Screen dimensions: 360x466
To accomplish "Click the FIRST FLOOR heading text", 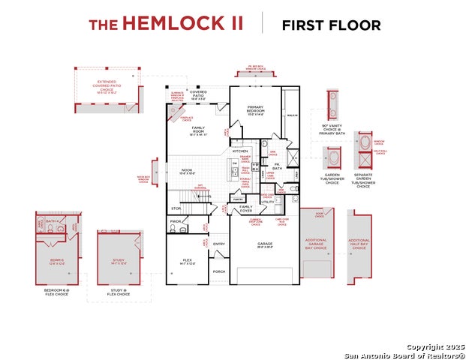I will (x=331, y=25).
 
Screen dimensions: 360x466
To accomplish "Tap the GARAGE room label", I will (x=265, y=244).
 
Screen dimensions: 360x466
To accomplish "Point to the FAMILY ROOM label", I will (x=198, y=130).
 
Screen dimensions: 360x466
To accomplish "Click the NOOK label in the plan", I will (x=187, y=170).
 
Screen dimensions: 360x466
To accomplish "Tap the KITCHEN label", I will (x=240, y=151).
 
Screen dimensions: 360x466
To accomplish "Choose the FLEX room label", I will (x=188, y=260).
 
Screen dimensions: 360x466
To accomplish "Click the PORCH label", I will (x=219, y=271).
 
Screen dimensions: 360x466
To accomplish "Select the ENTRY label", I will (x=219, y=244).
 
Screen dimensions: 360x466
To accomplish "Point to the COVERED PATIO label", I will (x=198, y=94).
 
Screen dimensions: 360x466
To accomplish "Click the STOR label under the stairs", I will (x=176, y=208).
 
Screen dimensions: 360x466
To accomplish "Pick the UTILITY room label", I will (x=268, y=202).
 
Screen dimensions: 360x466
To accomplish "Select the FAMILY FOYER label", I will (x=246, y=208).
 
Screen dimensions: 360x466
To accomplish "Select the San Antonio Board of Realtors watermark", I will (x=405, y=354).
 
